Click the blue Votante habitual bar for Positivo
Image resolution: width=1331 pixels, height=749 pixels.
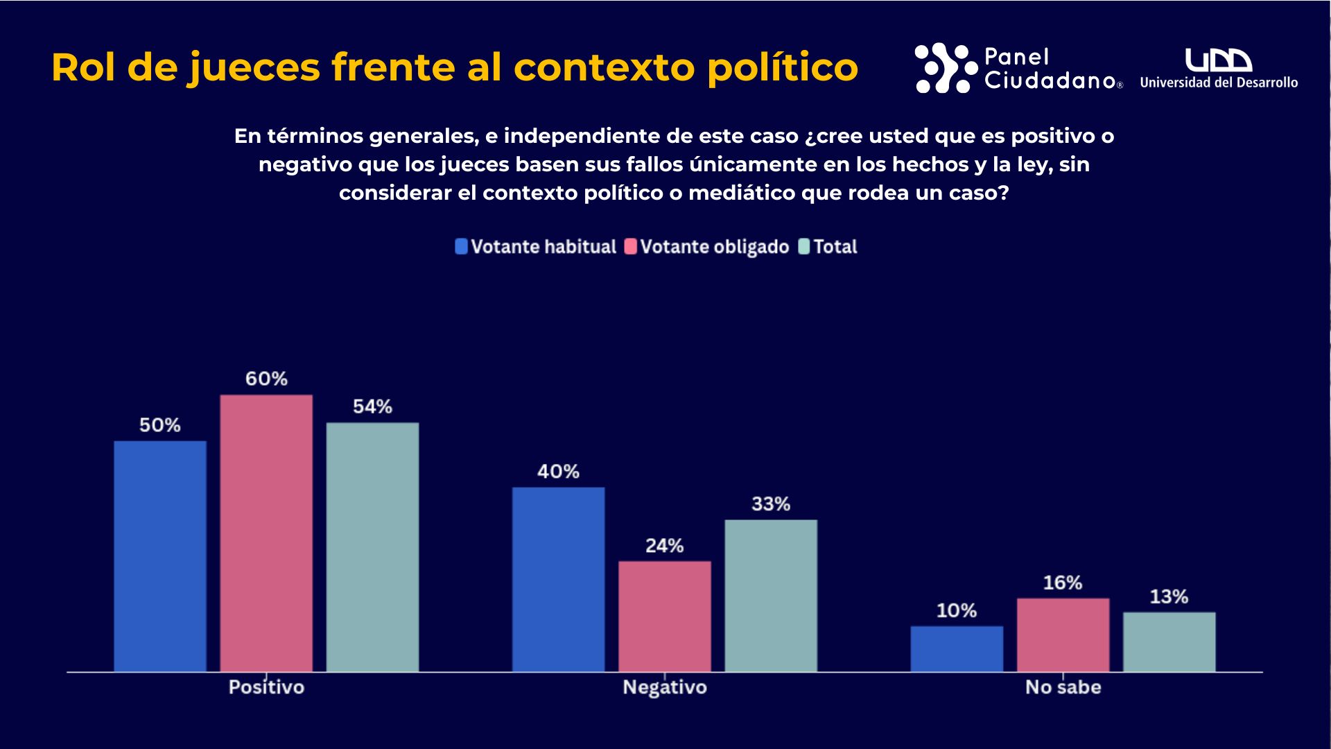(160, 556)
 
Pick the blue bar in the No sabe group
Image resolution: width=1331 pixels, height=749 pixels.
(957, 648)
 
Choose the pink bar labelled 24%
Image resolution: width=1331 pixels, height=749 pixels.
(665, 616)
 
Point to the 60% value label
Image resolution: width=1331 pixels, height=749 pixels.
(266, 379)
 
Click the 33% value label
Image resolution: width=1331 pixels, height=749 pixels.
(771, 503)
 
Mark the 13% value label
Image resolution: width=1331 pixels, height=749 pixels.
(1169, 596)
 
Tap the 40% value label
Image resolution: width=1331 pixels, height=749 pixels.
(558, 472)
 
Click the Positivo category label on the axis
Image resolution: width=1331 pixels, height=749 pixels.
(266, 687)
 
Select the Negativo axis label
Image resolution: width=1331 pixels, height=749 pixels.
(665, 687)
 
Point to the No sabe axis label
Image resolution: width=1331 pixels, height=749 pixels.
(1063, 687)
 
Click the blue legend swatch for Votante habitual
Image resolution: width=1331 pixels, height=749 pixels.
(461, 246)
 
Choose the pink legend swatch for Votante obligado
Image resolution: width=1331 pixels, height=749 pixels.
(631, 246)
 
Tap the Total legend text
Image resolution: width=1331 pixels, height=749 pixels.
(835, 246)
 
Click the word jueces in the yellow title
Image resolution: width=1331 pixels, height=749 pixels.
(254, 68)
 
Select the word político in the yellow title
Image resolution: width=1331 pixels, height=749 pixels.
(782, 68)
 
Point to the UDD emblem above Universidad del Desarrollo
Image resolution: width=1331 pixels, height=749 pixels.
(1218, 60)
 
